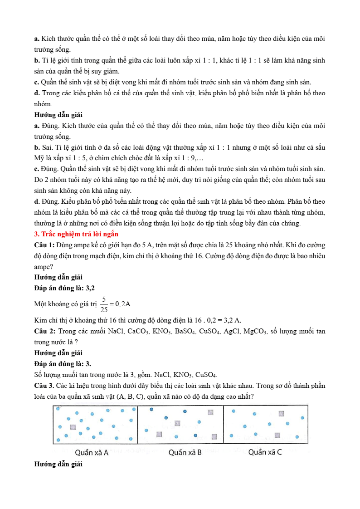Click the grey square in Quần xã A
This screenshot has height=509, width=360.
pos(73,427)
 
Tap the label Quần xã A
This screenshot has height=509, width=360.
pos(92,452)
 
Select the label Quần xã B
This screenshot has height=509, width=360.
pos(185,452)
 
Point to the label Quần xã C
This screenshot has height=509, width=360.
pos(265,452)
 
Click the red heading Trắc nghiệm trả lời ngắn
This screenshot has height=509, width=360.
pos(76,234)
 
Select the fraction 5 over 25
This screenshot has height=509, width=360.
pos(104,304)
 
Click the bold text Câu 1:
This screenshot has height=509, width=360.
pos(44,245)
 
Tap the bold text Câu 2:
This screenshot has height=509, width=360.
pos(44,332)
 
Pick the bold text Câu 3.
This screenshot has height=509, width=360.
pos(44,386)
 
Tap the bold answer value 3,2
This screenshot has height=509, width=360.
pos(90,288)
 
